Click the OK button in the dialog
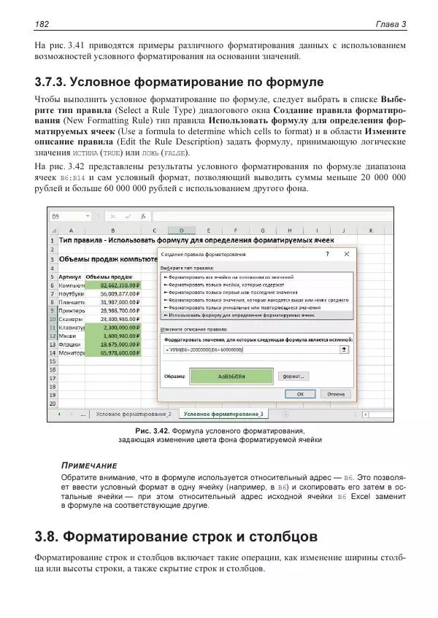pyautogui.click(x=300, y=393)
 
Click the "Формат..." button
pyautogui.click(x=295, y=376)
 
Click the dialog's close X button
pyautogui.click(x=347, y=254)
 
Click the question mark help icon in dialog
pyautogui.click(x=327, y=254)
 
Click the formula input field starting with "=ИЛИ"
pyautogui.click(x=248, y=349)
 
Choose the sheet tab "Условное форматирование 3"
pyautogui.click(x=223, y=414)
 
